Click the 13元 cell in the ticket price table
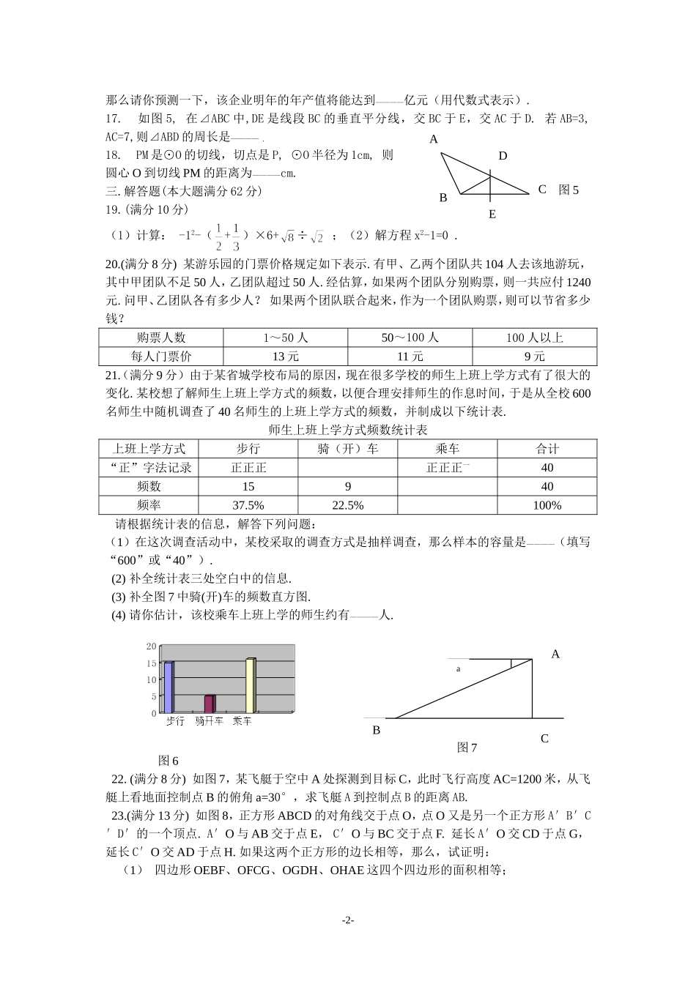(285, 357)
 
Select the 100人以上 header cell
(534, 338)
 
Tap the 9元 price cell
(534, 357)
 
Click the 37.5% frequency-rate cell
(248, 505)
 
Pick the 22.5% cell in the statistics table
(347, 505)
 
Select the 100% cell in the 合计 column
(547, 505)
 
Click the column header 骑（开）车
(347, 449)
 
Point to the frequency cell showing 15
(248, 486)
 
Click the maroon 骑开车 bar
(210, 704)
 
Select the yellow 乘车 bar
(251, 685)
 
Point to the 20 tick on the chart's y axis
(152, 646)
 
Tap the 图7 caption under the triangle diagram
(467, 748)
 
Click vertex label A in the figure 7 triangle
(555, 654)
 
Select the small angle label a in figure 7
(459, 668)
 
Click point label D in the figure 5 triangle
(503, 156)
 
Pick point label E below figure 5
(492, 214)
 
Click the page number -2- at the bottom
(348, 920)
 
